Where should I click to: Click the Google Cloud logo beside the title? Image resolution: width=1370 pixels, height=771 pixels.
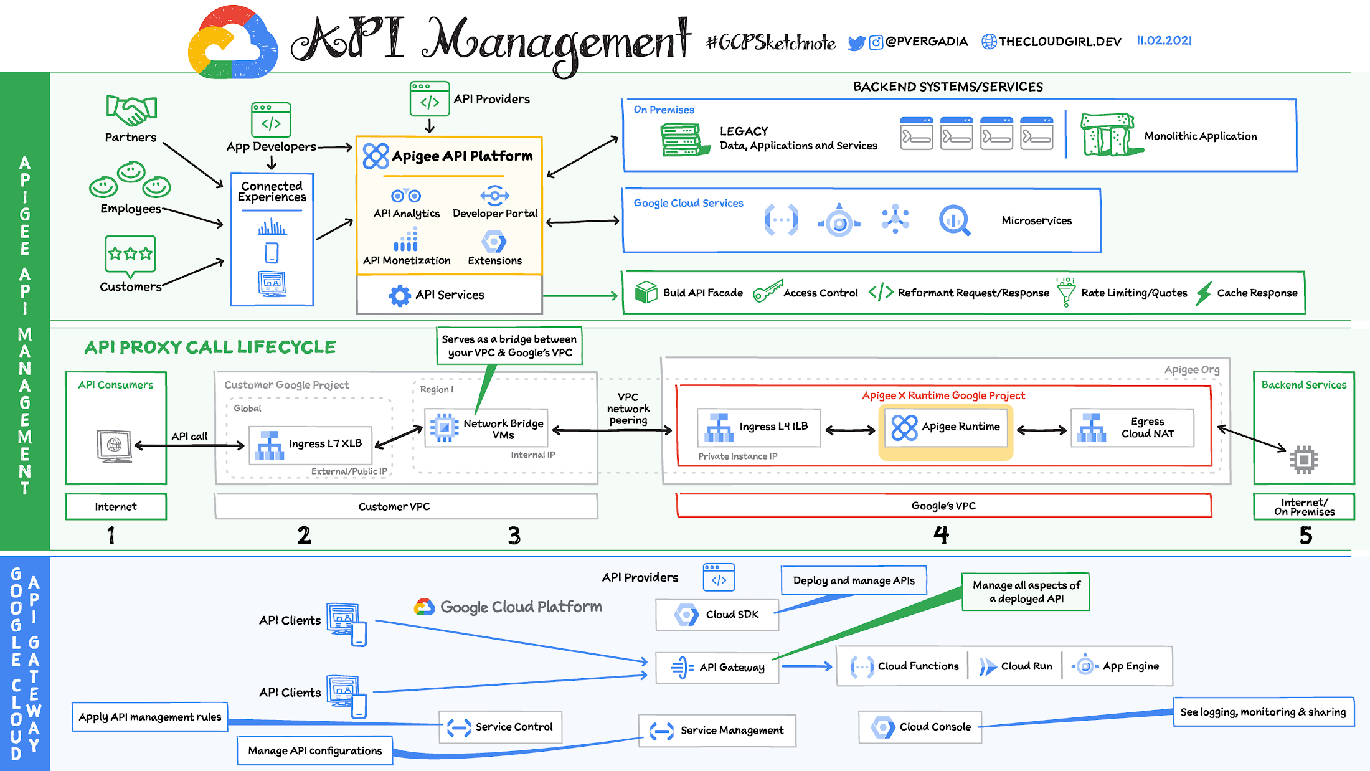click(233, 42)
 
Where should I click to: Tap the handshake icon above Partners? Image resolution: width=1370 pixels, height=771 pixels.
click(131, 110)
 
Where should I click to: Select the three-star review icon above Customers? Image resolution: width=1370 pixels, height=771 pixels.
click(130, 254)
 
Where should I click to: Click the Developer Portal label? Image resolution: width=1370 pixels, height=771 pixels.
click(495, 214)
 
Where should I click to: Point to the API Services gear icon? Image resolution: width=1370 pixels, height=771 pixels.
click(399, 295)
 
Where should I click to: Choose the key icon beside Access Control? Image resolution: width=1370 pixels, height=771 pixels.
click(767, 291)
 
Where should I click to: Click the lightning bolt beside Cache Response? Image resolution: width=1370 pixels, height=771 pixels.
click(1204, 293)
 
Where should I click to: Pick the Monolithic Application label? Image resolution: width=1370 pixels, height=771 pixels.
click(1200, 136)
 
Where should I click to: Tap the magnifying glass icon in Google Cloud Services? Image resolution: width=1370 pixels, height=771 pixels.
click(954, 220)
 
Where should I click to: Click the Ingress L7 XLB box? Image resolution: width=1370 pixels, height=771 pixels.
click(310, 444)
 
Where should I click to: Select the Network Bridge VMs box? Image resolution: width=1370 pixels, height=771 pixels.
click(486, 428)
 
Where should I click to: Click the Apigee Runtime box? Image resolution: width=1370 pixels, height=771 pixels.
click(945, 427)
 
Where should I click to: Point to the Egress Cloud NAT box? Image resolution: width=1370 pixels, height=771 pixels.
click(1132, 428)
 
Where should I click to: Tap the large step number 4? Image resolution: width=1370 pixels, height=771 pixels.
click(941, 535)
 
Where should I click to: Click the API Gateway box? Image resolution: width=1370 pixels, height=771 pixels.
click(717, 668)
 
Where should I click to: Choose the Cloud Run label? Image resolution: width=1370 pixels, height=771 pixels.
click(1026, 666)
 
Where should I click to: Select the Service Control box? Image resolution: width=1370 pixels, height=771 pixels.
click(500, 727)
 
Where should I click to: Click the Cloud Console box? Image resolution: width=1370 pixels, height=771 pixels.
click(920, 727)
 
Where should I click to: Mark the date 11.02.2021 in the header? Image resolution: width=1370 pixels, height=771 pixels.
click(1164, 41)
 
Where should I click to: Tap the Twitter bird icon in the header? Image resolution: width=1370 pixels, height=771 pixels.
click(857, 43)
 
